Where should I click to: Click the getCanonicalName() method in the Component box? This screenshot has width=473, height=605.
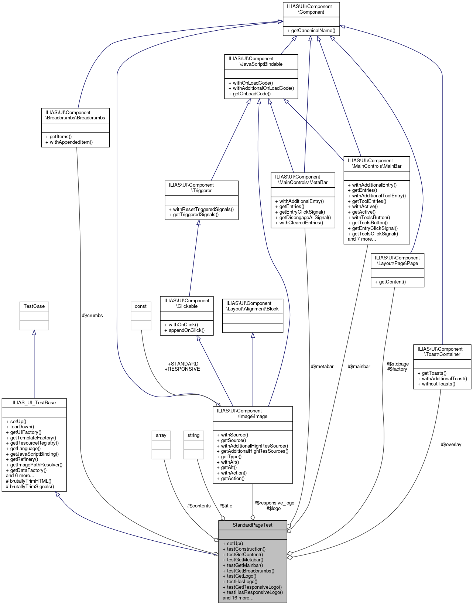click(x=313, y=31)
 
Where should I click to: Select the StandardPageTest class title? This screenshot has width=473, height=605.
click(x=253, y=525)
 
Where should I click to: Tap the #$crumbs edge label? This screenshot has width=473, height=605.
click(x=92, y=315)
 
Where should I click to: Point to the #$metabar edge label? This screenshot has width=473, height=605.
click(x=322, y=366)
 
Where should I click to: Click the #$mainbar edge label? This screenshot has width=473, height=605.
click(x=359, y=366)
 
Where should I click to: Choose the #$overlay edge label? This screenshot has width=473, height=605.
click(x=451, y=444)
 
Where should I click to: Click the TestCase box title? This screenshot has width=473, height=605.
click(x=34, y=306)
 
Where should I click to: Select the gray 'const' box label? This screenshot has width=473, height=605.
click(x=141, y=306)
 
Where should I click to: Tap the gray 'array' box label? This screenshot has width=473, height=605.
click(x=161, y=435)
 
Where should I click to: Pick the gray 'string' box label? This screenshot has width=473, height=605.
click(x=193, y=435)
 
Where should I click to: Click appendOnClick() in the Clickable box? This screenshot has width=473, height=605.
click(x=186, y=330)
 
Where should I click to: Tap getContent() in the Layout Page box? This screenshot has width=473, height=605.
click(x=392, y=282)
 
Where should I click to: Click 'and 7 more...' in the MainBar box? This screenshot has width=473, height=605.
click(x=362, y=239)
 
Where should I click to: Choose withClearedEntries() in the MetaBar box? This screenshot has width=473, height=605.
click(x=301, y=222)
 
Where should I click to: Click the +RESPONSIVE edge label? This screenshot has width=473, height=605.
click(x=182, y=369)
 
